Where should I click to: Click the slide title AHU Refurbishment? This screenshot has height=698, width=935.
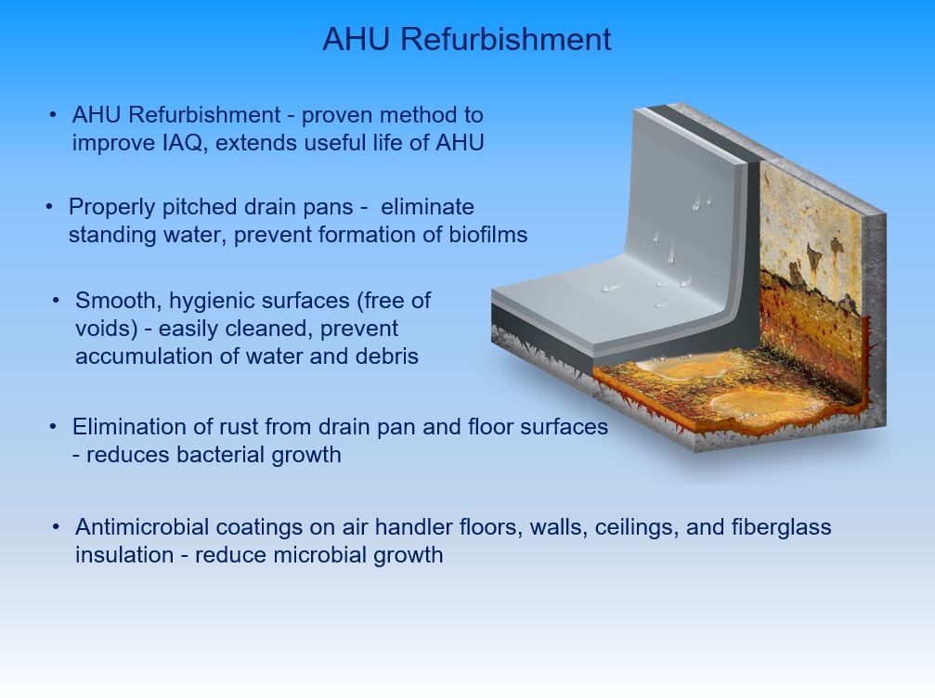[467, 39]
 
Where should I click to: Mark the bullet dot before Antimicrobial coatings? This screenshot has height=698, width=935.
[56, 527]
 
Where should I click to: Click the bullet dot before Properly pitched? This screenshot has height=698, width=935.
[49, 207]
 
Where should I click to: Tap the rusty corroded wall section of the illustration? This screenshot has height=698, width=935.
[811, 280]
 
